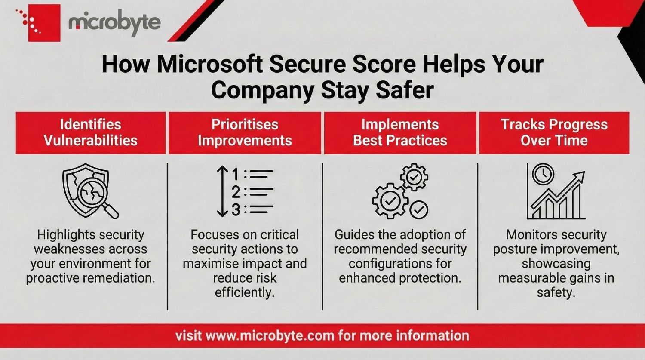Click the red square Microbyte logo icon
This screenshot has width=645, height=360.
(x=43, y=23)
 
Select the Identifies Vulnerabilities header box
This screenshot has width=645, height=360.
(x=91, y=132)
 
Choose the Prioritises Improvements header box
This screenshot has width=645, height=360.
(x=245, y=132)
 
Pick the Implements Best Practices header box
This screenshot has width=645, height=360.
(x=400, y=132)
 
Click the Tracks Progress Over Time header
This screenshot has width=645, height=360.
(x=554, y=132)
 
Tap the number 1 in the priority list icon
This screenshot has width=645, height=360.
(x=236, y=174)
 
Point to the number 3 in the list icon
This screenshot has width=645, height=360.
(x=236, y=210)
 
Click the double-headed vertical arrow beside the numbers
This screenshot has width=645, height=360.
(x=222, y=191)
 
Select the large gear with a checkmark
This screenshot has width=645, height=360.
(x=390, y=201)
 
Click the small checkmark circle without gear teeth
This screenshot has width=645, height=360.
(x=418, y=210)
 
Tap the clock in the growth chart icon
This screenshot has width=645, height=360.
(x=543, y=174)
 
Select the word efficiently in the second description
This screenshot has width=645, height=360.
(x=245, y=292)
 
